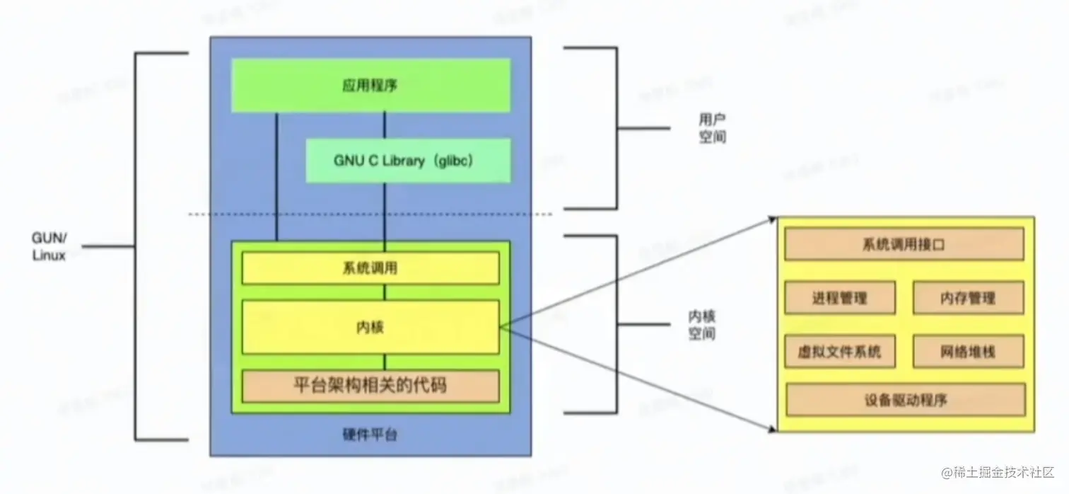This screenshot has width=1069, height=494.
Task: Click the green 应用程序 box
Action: [x=371, y=85]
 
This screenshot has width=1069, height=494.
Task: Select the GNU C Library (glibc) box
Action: [x=408, y=161]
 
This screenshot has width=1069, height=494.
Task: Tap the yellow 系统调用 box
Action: [x=370, y=268]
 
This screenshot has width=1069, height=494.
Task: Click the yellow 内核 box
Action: [x=370, y=327]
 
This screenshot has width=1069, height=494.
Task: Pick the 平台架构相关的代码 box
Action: [x=370, y=386]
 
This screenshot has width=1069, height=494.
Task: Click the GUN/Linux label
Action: [x=49, y=246]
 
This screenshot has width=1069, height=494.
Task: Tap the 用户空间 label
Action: [x=712, y=128]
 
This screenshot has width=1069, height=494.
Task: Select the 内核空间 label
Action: [x=702, y=324]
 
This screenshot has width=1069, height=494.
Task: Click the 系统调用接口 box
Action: [x=904, y=245]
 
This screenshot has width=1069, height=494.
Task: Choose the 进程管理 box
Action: [x=840, y=298]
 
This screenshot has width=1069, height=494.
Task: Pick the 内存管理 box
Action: [x=968, y=298]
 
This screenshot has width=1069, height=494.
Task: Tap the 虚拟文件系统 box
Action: [x=840, y=352]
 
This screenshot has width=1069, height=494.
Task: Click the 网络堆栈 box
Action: [x=968, y=352]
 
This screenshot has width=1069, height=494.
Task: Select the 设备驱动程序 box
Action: [x=905, y=400]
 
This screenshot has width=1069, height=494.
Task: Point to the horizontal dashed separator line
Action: [x=368, y=214]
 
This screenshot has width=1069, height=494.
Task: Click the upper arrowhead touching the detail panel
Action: [x=772, y=220]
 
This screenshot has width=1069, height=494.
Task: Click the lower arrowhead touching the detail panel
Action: [x=772, y=427]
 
